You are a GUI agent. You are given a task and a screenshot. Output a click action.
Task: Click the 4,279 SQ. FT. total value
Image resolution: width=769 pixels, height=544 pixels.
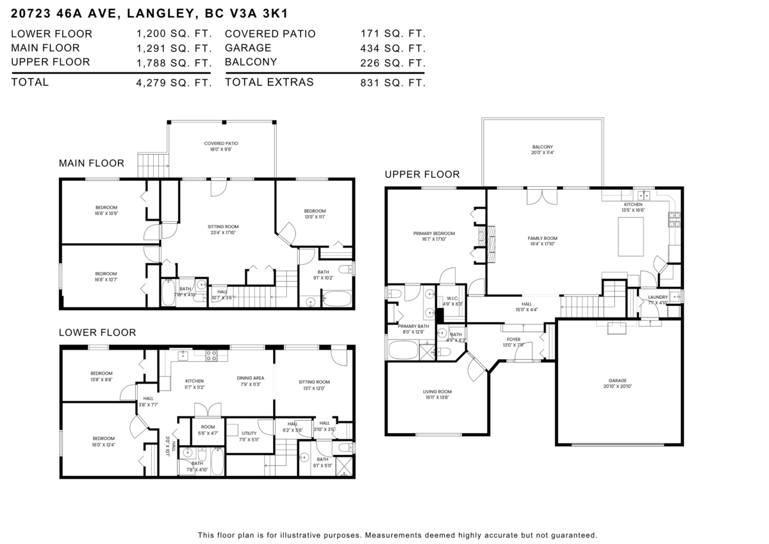(x=174, y=82)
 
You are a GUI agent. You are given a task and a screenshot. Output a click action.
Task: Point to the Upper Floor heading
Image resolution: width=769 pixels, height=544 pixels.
(x=422, y=174)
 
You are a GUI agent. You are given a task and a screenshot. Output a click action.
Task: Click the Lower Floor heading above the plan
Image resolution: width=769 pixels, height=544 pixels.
(x=97, y=332)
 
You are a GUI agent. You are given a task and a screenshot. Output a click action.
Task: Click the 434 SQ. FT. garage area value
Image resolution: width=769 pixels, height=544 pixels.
(x=393, y=48)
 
